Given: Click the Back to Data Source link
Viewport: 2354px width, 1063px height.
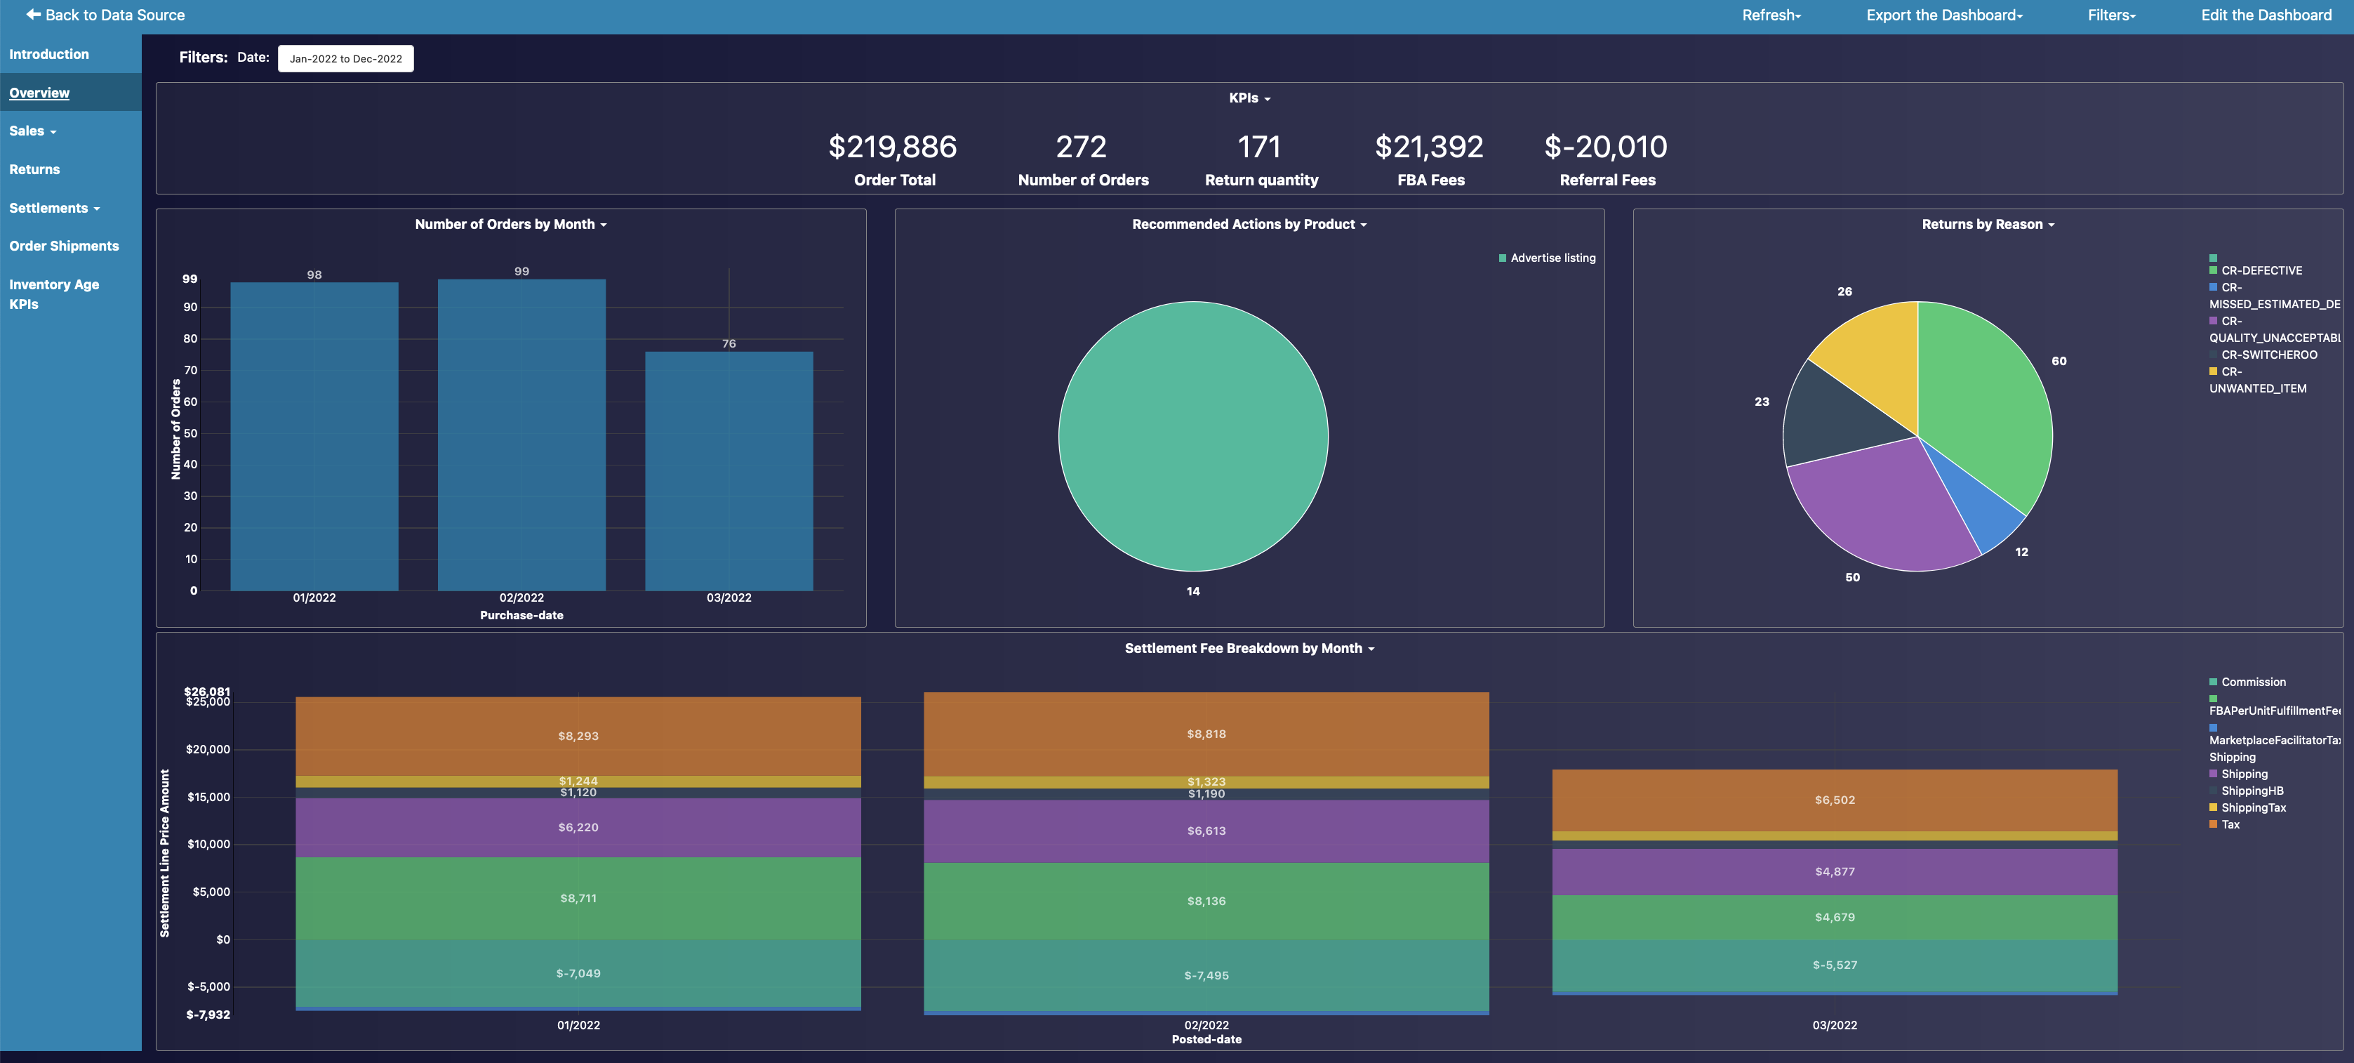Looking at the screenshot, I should pyautogui.click(x=105, y=15).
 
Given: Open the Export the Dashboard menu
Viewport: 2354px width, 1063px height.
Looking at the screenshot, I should pyautogui.click(x=1943, y=15).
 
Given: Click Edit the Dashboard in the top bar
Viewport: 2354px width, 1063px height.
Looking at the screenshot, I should pyautogui.click(x=2266, y=15).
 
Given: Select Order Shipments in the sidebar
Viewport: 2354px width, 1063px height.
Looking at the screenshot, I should pyautogui.click(x=64, y=246).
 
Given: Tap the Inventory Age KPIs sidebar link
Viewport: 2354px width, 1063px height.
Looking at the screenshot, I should pyautogui.click(x=54, y=294).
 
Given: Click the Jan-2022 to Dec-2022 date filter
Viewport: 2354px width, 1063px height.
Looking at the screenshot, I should pyautogui.click(x=345, y=58).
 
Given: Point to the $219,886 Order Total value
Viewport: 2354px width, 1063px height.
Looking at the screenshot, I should pyautogui.click(x=892, y=146).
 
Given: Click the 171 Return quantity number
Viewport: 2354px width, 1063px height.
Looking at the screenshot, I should pyautogui.click(x=1259, y=146).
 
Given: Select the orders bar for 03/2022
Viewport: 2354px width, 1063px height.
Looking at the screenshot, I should pyautogui.click(x=729, y=470).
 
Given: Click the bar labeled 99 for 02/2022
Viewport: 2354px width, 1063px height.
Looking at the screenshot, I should pyautogui.click(x=521, y=434).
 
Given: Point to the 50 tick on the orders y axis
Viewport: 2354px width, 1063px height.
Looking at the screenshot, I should pyautogui.click(x=190, y=433).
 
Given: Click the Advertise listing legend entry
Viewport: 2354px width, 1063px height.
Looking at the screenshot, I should pyautogui.click(x=1552, y=258).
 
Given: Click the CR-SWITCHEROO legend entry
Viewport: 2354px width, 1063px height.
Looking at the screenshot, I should pyautogui.click(x=2268, y=355).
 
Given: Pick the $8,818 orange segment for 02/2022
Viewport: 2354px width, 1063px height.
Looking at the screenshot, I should pyautogui.click(x=1206, y=734).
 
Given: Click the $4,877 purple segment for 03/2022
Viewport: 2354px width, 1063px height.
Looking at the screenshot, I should pyautogui.click(x=1834, y=871).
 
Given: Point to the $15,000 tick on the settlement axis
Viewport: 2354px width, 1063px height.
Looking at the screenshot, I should pyautogui.click(x=208, y=797).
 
